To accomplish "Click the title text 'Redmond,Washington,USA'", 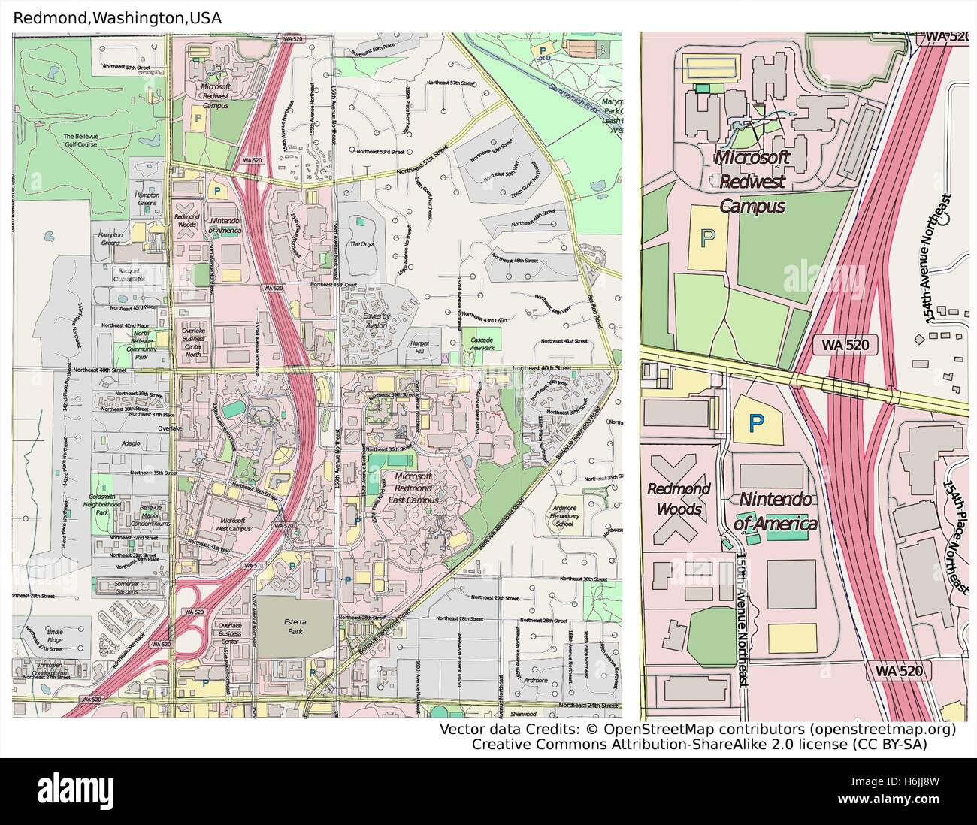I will click(x=118, y=18).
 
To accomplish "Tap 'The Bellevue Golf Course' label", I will click(x=80, y=140).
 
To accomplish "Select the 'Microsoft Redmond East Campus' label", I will click(x=413, y=488).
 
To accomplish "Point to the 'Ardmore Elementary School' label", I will click(x=564, y=516).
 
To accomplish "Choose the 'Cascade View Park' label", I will click(x=482, y=344).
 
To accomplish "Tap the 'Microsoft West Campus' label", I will click(x=233, y=524).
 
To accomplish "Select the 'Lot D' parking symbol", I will click(x=542, y=53).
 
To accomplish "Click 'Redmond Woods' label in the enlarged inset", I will click(x=679, y=499).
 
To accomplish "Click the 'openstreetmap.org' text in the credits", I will click(x=882, y=730).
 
